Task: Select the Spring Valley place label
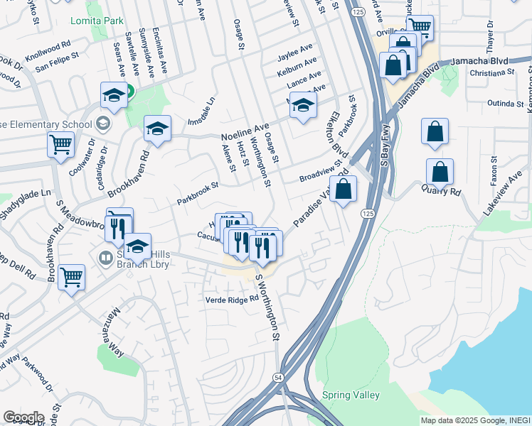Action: click(351, 395)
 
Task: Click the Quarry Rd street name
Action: click(441, 190)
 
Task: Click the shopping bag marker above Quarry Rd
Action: click(435, 132)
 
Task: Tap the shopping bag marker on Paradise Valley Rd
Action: click(343, 190)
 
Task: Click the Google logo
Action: click(23, 417)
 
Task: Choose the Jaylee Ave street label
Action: click(295, 49)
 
